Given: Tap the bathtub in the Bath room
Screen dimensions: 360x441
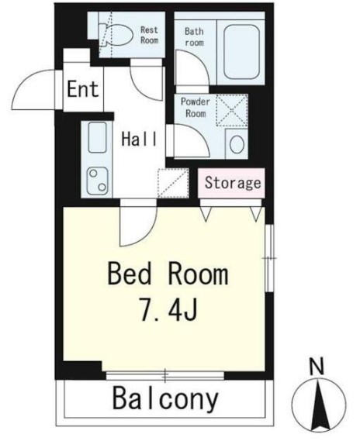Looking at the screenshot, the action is click(x=241, y=50).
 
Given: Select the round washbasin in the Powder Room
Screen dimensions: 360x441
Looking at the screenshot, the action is click(x=237, y=144).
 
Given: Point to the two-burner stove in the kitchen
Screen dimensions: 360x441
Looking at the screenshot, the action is click(x=98, y=181).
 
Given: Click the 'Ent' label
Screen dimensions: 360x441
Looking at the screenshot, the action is click(x=83, y=89).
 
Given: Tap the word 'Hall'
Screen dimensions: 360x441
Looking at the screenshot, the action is click(x=139, y=139).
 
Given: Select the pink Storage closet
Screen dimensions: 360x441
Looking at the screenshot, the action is click(x=231, y=183).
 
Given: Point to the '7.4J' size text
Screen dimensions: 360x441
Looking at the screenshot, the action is click(x=168, y=310).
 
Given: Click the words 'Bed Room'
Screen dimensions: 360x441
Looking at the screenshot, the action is click(x=168, y=273).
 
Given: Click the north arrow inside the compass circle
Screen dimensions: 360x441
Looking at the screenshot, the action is click(x=319, y=403).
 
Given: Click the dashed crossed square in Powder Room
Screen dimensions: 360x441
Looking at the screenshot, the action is click(x=232, y=110).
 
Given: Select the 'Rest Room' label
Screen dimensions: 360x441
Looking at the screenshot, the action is click(x=150, y=35).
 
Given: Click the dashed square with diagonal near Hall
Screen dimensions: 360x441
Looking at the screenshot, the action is click(x=173, y=183).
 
